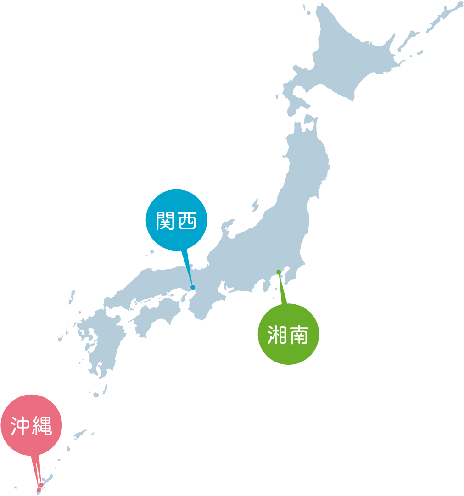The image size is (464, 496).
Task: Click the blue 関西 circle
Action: [176, 220]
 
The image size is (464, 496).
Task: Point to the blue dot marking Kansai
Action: [193, 287]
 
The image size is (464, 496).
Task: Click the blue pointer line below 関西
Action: [187, 266]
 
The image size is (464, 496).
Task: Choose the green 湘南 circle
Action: [288, 334]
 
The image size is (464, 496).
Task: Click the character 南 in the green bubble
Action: [299, 335]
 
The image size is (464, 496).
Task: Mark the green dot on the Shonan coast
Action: [279, 272]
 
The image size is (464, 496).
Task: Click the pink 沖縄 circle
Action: [31, 425]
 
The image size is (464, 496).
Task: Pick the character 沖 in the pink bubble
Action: [20, 426]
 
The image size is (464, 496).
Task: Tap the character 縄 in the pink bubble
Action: [41, 426]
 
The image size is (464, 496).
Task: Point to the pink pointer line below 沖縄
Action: [36, 468]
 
